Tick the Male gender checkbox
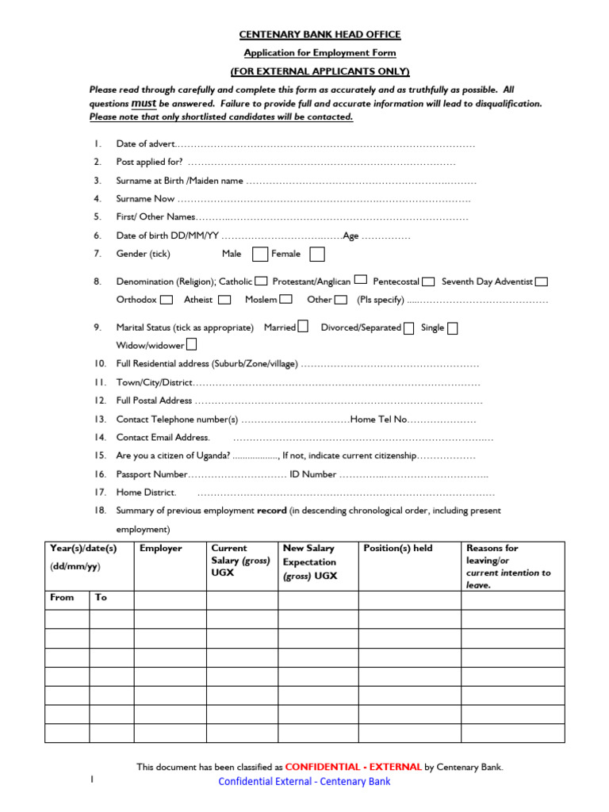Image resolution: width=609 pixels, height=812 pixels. pyautogui.click(x=259, y=254)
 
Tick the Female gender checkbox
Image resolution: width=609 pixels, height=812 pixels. pyautogui.click(x=316, y=254)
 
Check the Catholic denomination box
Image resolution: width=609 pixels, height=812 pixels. pyautogui.click(x=261, y=281)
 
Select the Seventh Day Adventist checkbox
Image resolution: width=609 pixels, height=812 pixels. pyautogui.click(x=542, y=281)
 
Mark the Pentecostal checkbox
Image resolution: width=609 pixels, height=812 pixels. pyautogui.click(x=428, y=281)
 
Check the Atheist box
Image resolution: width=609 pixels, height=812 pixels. pyautogui.click(x=224, y=300)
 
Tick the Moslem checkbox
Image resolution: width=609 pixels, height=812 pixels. pyautogui.click(x=286, y=300)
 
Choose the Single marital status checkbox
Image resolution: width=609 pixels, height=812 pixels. pyautogui.click(x=452, y=327)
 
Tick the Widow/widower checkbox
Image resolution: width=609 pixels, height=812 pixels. pyautogui.click(x=191, y=345)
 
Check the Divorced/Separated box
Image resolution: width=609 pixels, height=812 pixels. pyautogui.click(x=408, y=327)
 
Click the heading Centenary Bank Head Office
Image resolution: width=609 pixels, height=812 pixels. pyautogui.click(x=320, y=35)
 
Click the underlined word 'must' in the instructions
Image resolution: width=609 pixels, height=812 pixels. pyautogui.click(x=143, y=103)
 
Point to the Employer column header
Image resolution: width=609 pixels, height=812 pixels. pyautogui.click(x=161, y=548)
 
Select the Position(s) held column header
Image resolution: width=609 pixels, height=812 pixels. pyautogui.click(x=398, y=548)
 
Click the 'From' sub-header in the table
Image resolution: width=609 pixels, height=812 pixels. pyautogui.click(x=62, y=597)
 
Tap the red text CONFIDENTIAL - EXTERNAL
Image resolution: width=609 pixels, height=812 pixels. pyautogui.click(x=353, y=767)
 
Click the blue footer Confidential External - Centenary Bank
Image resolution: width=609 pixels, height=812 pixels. pyautogui.click(x=304, y=782)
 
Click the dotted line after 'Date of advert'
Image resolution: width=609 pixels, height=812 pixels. pyautogui.click(x=325, y=144)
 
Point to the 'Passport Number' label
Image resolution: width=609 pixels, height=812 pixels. pyautogui.click(x=151, y=474)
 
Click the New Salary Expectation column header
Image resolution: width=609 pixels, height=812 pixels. pyautogui.click(x=310, y=562)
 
